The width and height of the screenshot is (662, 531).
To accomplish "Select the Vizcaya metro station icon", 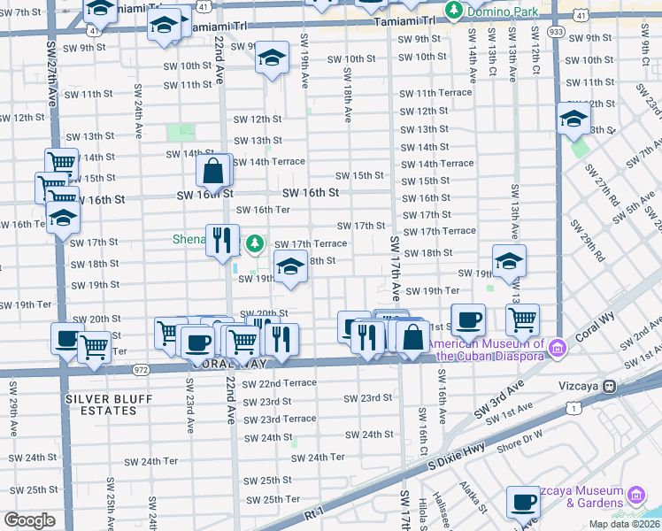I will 610,387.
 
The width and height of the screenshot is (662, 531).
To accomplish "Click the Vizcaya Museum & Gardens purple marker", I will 635,494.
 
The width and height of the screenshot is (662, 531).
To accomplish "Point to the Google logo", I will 29,519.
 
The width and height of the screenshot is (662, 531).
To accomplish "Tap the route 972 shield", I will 141,368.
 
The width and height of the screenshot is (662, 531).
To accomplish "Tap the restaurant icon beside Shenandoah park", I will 222,240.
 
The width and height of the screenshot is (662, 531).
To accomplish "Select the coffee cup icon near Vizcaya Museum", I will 523,503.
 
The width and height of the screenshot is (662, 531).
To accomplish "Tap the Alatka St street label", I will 472,496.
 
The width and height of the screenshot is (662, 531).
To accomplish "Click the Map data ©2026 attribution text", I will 623,524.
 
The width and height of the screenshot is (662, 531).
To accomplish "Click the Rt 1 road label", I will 314,512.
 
